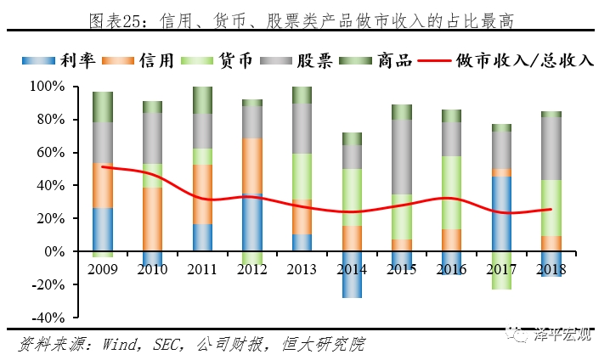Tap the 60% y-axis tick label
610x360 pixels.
pyautogui.click(x=49, y=153)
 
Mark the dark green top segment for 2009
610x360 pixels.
pyautogui.click(x=103, y=106)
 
